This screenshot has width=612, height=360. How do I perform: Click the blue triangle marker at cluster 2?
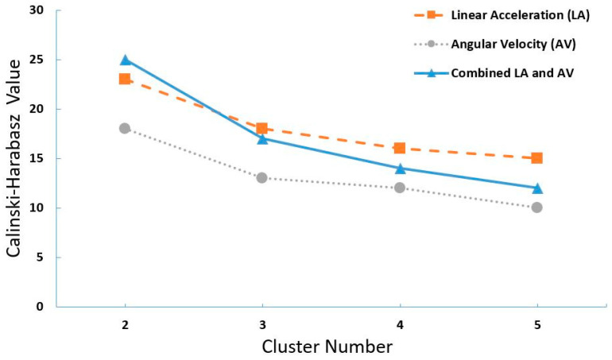point(125,60)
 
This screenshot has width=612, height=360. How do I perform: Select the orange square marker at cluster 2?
point(125,79)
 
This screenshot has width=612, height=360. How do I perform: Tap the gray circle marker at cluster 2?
point(125,128)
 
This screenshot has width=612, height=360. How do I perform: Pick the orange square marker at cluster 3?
point(262,128)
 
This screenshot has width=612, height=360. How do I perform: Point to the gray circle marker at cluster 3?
point(262,177)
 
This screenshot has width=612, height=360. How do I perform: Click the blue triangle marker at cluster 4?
point(400,168)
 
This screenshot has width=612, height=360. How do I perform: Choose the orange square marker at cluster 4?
point(400,148)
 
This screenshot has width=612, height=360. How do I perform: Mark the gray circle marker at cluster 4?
point(400,188)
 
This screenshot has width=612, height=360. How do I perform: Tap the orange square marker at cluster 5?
point(537,158)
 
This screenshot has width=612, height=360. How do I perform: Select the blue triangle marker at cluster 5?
point(537,188)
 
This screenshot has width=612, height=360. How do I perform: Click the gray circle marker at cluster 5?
point(537,207)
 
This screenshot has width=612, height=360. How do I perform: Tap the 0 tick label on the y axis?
point(40,306)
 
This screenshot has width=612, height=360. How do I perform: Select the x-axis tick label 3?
point(262,324)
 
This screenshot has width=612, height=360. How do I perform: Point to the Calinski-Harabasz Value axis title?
point(14,159)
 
